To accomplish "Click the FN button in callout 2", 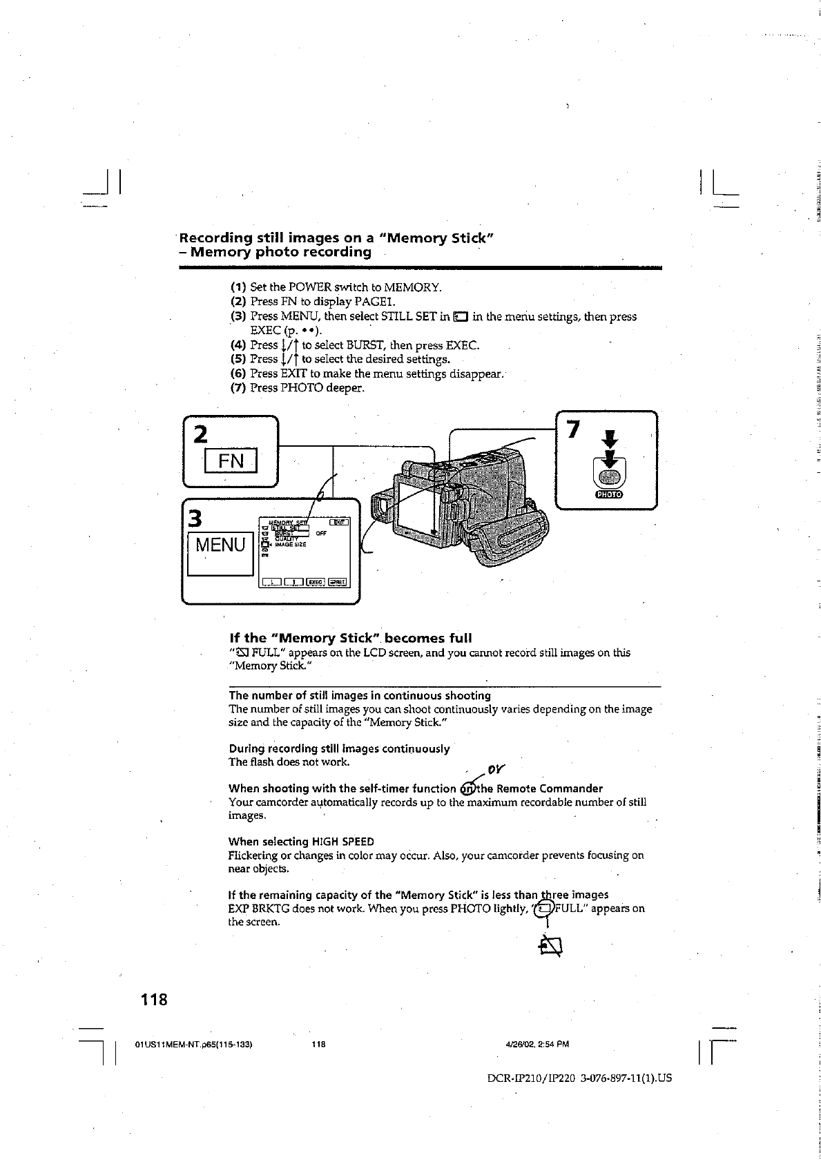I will pos(231,461).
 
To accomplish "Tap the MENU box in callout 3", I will pos(220,545).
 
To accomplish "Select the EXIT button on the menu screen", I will pos(340,523).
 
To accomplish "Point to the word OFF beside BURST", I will pos(321,533).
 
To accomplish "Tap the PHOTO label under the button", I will pos(608,494).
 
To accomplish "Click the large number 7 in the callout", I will pos(572,429).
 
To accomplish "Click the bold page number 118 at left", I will pos(154,998).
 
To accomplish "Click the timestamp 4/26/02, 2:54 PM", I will pos(537,1044).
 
